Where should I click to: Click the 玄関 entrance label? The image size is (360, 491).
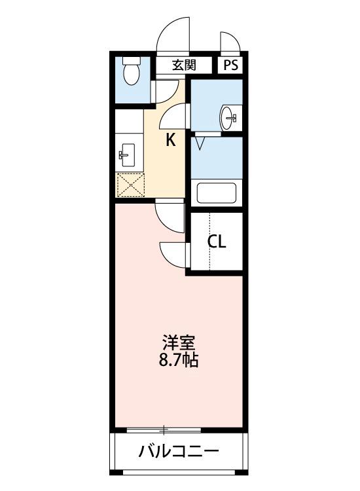coord(184,65)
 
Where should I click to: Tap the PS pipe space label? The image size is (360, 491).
coord(231,65)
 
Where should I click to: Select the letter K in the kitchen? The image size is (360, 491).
coord(170,139)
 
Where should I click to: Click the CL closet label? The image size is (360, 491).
coord(217,242)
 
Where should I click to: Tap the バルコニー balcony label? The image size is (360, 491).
coord(178,452)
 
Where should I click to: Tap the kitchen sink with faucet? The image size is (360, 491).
coord(126,156)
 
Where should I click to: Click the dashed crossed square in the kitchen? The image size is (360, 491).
coord(129,185)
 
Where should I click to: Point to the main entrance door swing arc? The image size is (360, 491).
coord(174,36)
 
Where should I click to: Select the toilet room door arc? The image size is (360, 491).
coord(167,90)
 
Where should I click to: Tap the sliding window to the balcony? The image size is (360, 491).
coord(164,429)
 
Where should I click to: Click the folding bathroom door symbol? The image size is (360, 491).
coord(200,139)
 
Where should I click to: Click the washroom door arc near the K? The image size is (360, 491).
coord(175,117)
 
